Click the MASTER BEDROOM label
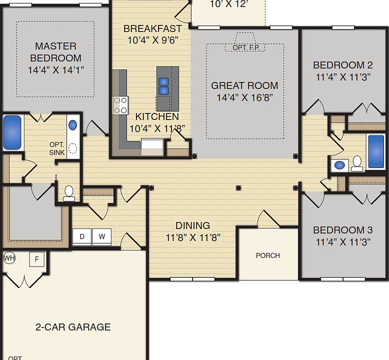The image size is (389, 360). coord(55,52)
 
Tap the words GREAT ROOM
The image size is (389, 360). coord(244,85)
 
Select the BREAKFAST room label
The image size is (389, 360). coord(152,28)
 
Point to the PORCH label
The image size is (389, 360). coord(267,255)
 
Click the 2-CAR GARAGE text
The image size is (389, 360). coord(73,327)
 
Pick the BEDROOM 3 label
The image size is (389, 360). coord(342,230)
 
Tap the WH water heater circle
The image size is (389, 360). coord(9,258)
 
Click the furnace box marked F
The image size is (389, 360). coord(36,259)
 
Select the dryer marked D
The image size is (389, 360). coord(82,236)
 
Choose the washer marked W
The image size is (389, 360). coord(101,236)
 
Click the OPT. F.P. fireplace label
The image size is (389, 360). coord(245,47)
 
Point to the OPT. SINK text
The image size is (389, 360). coord(56,148)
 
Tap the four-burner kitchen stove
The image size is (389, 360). coord(120,105)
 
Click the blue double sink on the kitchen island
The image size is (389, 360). coord(163,86)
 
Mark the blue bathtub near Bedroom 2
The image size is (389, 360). coord(376,151)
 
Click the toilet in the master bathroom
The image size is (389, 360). coord(69,193)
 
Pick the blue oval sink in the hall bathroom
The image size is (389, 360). coord(340,164)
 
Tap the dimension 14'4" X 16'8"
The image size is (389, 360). coord(244,97)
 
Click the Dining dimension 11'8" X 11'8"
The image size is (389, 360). coord(193,237)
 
